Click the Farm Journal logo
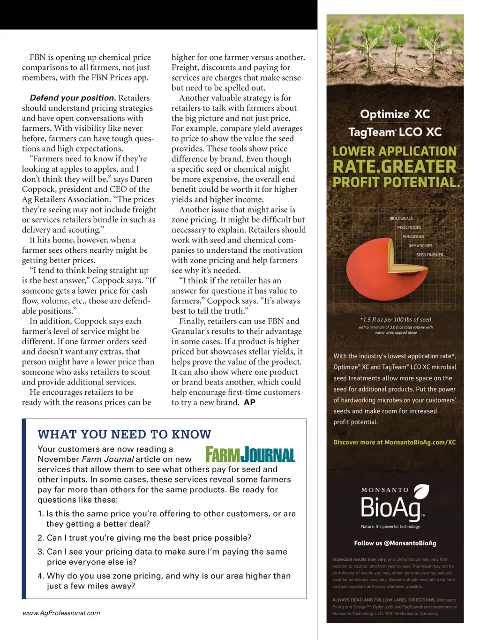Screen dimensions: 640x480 pyautogui.click(x=250, y=455)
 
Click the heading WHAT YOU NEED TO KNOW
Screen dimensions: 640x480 pyautogui.click(x=124, y=434)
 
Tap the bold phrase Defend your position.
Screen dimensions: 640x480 pyautogui.click(x=73, y=98)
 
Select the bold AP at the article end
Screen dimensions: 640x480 pyautogui.click(x=249, y=402)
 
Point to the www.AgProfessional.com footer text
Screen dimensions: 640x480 pyautogui.click(x=61, y=613)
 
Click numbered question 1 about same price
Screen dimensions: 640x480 pyautogui.click(x=166, y=519)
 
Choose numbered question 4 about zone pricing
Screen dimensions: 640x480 pyautogui.click(x=164, y=580)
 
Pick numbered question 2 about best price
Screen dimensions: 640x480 pyautogui.click(x=144, y=538)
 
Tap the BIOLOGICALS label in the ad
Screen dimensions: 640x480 pyautogui.click(x=401, y=218)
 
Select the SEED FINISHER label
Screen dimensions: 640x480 pyautogui.click(x=429, y=255)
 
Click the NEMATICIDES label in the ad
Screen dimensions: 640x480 pyautogui.click(x=420, y=246)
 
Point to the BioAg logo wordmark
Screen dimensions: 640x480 pyautogui.click(x=391, y=508)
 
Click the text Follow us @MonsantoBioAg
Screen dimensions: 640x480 pyautogui.click(x=395, y=543)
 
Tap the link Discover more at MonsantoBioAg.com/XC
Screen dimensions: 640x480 pyautogui.click(x=394, y=442)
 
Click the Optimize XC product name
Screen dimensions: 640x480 pyautogui.click(x=395, y=114)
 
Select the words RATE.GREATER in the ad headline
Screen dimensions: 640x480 pyautogui.click(x=394, y=166)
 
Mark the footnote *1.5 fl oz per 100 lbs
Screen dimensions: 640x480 pyautogui.click(x=395, y=320)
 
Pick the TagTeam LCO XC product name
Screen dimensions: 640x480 pyautogui.click(x=395, y=132)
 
